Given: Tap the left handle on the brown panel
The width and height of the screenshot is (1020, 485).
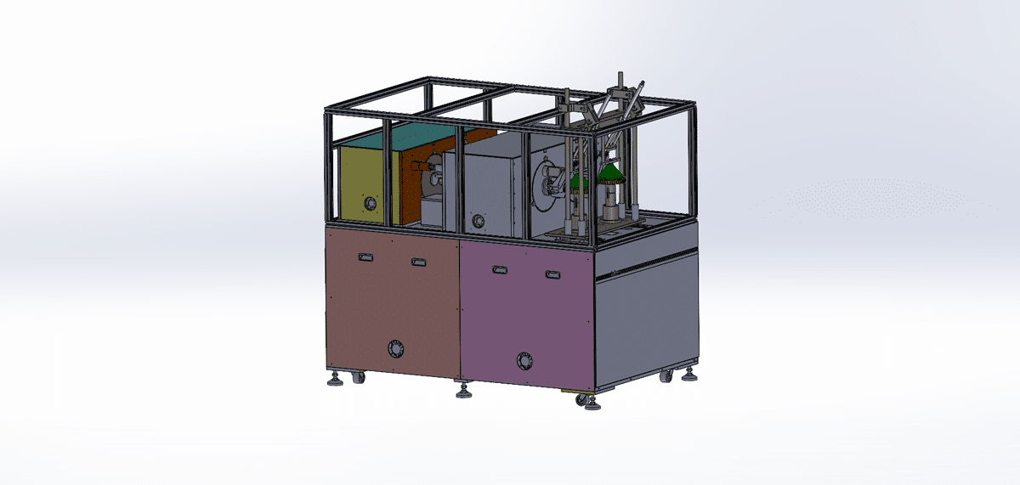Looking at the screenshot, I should tap(365, 257).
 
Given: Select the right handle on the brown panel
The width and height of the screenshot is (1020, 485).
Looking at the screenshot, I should tap(417, 262).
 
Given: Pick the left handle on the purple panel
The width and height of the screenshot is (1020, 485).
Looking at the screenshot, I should tap(500, 270).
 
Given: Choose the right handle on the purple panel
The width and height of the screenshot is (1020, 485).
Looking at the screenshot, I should tap(553, 274).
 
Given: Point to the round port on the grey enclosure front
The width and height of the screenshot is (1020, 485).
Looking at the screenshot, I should tap(478, 221).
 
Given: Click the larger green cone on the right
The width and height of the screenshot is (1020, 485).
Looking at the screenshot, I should tap(610, 174).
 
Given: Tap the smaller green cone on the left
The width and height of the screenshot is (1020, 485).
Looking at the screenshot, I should tap(580, 180).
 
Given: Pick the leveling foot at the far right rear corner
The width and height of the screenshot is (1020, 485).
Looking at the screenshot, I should tap(690, 375).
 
